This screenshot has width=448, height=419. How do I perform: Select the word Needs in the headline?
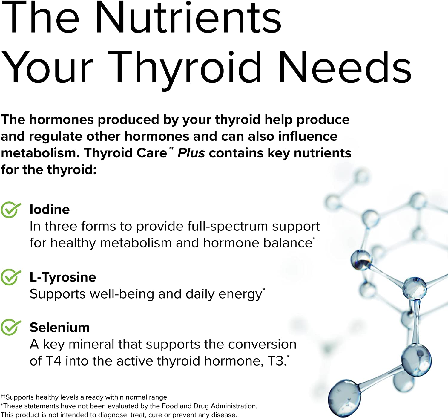tap(345, 67)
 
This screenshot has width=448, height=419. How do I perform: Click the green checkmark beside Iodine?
tap(10, 209)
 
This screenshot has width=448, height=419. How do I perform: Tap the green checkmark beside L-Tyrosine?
tap(10, 277)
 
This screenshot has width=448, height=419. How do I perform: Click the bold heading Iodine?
tap(50, 209)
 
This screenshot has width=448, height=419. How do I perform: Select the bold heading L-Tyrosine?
tap(63, 277)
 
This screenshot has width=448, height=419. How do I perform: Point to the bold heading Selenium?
tap(59, 327)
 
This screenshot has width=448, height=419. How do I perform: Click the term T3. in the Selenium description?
tap(277, 361)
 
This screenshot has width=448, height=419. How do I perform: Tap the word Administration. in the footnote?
tap(234, 406)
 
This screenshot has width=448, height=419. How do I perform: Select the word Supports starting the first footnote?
tap(20, 397)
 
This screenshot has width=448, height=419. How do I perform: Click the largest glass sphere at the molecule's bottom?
tap(344, 398)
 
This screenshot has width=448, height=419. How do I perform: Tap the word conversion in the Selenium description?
tap(262, 345)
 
